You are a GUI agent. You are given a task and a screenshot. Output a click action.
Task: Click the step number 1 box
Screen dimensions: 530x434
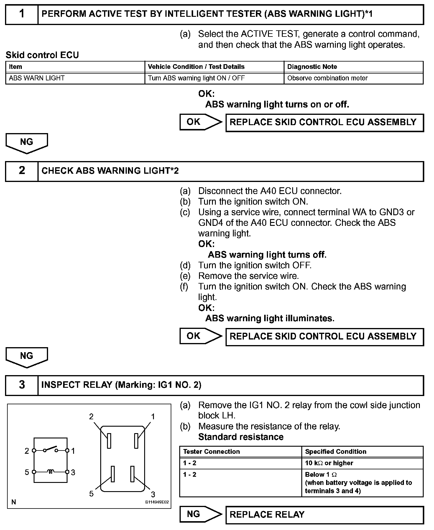point(22,14)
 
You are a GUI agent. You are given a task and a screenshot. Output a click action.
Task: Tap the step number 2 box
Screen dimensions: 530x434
point(22,171)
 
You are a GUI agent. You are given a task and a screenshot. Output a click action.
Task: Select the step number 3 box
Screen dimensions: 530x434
point(22,385)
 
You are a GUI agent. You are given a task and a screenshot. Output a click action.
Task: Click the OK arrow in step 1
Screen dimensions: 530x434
point(200,122)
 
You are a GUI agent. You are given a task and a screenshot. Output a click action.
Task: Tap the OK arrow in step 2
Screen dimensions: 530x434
point(200,336)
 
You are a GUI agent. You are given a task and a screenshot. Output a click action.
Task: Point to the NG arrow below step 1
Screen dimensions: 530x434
point(27,143)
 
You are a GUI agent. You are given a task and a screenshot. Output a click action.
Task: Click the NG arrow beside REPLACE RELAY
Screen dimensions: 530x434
point(200,514)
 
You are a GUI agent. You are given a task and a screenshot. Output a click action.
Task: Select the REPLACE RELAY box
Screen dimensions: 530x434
point(324,514)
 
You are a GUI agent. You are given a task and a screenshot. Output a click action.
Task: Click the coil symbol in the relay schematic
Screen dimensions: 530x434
point(51,472)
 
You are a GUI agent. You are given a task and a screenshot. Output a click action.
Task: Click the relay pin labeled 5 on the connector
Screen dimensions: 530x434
point(113,474)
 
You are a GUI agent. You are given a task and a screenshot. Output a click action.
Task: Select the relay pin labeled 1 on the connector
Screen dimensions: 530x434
point(136,441)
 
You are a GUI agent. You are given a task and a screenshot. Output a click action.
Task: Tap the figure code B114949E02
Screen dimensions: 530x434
point(157,502)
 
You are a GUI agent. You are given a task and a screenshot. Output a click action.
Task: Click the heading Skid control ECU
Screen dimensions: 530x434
point(42,55)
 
